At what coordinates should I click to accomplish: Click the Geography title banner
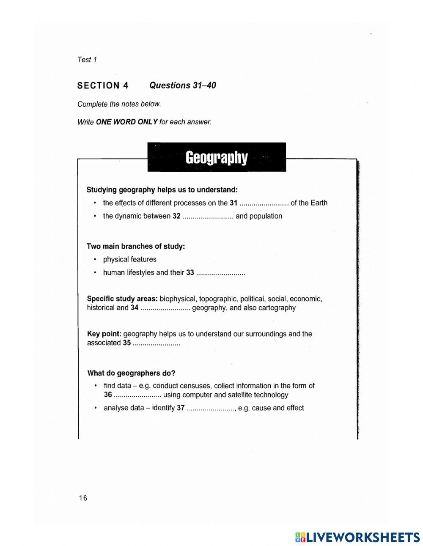tap(217, 157)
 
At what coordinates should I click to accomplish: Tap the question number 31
tap(233, 203)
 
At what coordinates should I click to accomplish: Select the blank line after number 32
tap(208, 217)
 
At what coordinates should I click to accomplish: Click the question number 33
tap(190, 273)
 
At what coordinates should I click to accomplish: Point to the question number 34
tap(135, 308)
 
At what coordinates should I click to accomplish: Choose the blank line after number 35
tap(157, 343)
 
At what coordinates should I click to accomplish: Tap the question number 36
tap(108, 395)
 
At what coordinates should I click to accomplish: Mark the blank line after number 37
tap(211, 409)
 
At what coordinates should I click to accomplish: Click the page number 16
tap(83, 498)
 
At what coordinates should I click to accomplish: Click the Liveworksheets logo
tap(357, 537)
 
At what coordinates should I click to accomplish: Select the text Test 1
tap(87, 60)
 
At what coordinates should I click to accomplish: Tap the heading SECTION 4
tap(103, 86)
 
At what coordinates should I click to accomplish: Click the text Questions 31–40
tap(183, 85)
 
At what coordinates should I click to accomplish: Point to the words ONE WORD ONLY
tap(127, 122)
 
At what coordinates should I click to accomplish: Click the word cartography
tap(277, 308)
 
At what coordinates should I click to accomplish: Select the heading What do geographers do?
tap(131, 373)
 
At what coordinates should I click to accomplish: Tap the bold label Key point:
tap(104, 334)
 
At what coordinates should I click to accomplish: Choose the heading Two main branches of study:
tap(136, 246)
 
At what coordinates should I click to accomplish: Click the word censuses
tap(196, 386)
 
